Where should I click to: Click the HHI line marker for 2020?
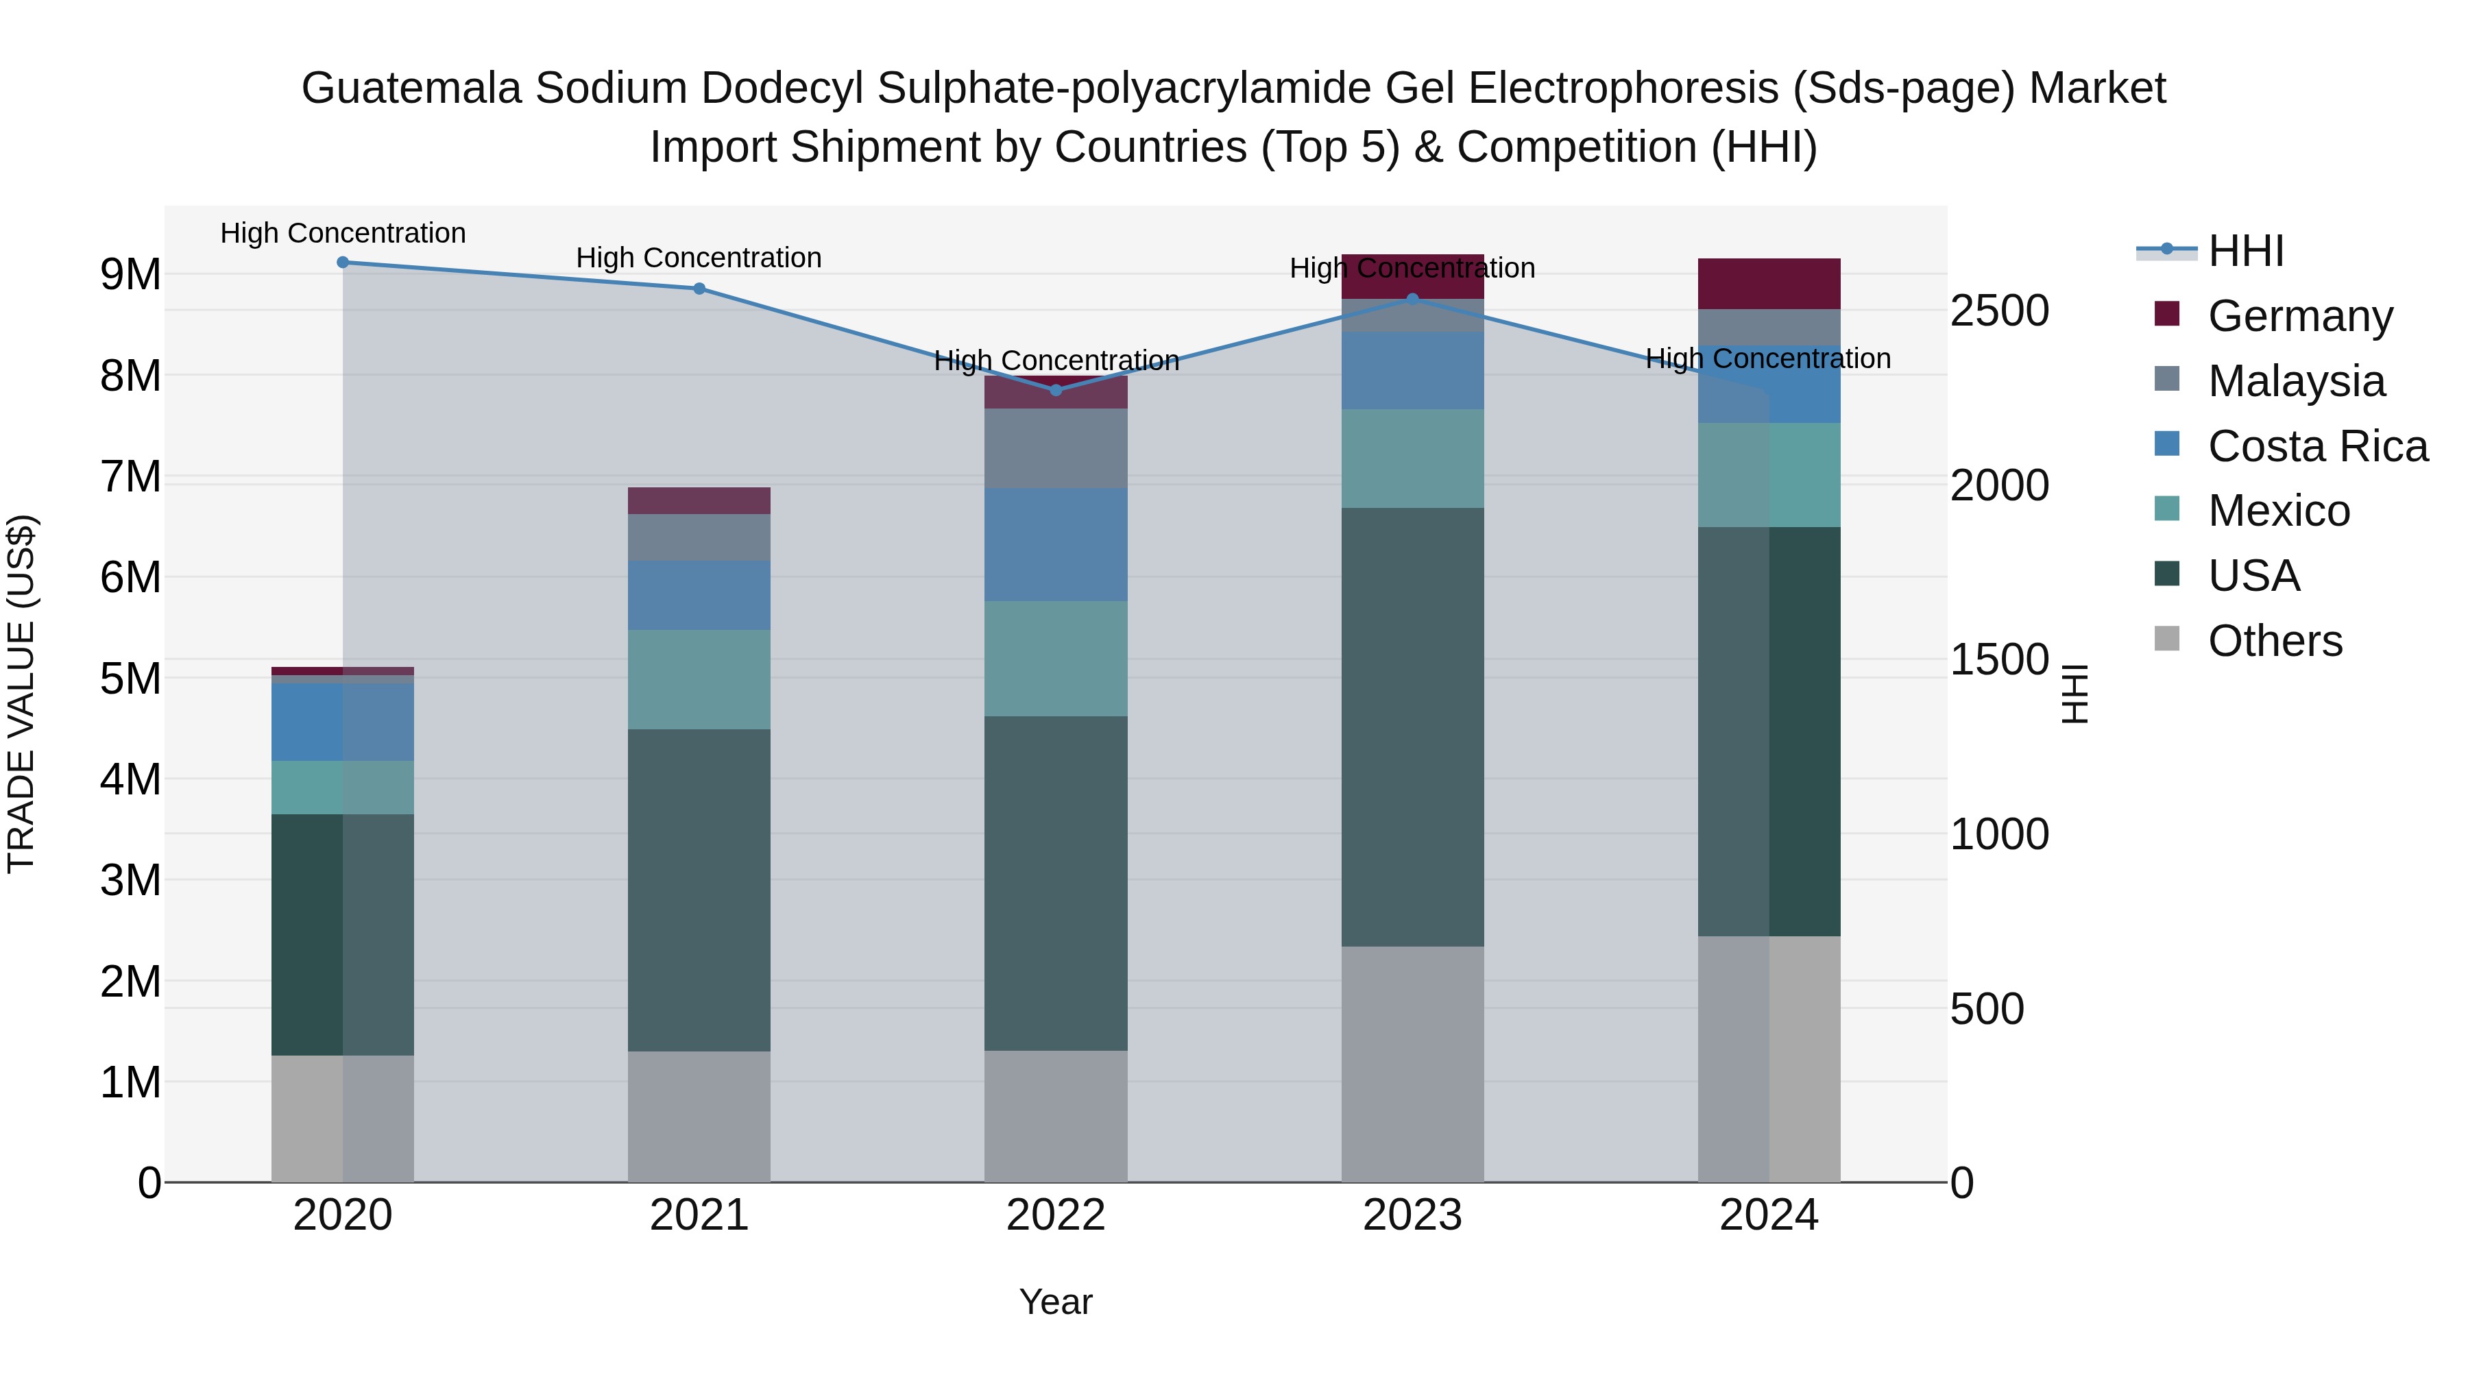point(343,263)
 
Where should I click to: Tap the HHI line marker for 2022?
point(1056,390)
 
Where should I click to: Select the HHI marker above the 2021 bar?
point(699,289)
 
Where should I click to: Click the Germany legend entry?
point(2299,316)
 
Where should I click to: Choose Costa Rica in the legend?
point(2316,446)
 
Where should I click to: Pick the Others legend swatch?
point(2167,639)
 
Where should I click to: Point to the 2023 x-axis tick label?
point(1412,1215)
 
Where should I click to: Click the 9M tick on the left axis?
point(131,275)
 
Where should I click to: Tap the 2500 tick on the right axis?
point(2000,311)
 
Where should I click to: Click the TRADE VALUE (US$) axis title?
point(21,694)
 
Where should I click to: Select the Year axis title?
point(1056,1302)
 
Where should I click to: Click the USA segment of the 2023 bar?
point(1412,728)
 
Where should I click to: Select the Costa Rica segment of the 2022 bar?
point(1056,544)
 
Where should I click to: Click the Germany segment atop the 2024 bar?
point(1769,284)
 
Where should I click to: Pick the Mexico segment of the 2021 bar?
point(699,679)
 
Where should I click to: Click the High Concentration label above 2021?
point(699,258)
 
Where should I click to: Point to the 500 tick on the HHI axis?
point(1988,1009)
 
